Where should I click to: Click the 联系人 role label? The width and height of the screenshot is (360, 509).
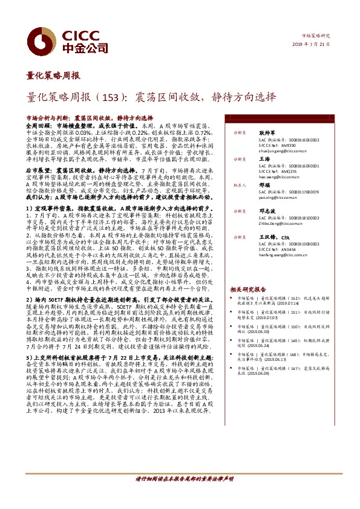pyautogui.click(x=239, y=185)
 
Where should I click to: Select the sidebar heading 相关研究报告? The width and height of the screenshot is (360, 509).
pyautogui.click(x=248, y=290)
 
